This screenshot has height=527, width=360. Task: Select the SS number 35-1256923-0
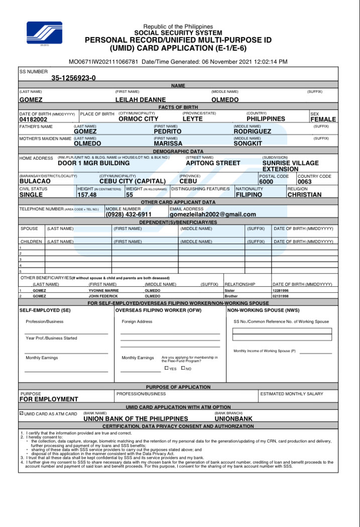73,78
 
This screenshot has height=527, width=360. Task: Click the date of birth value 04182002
33,120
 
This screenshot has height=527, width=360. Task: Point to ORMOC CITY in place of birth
138,119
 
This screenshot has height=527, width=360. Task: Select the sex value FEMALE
323,120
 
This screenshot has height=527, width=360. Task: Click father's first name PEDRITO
168,131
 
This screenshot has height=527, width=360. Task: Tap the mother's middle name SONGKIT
248,143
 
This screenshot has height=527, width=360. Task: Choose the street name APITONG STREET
213,163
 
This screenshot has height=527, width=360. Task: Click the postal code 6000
266,182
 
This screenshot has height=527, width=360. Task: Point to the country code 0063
305,182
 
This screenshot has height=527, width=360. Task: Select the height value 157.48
87,194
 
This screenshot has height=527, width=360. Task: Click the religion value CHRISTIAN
304,194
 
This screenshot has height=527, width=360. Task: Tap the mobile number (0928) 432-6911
128,214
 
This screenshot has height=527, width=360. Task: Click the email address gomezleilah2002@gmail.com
213,214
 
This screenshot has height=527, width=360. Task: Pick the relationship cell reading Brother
231,296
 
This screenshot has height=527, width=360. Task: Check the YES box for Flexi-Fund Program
167,368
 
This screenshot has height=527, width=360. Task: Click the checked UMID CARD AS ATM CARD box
21,413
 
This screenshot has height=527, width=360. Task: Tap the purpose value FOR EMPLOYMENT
49,399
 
